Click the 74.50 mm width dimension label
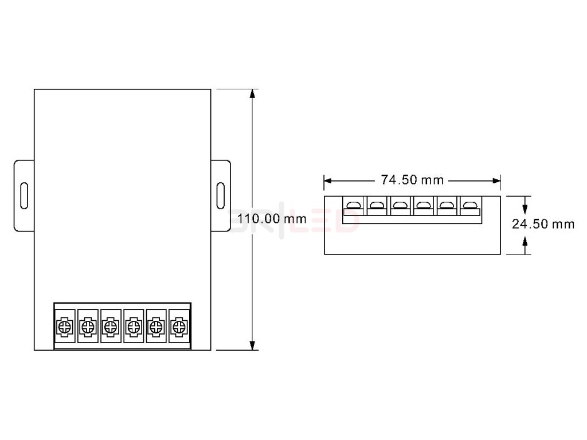[x=413, y=180]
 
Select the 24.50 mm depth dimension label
[x=543, y=224]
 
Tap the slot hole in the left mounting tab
[x=24, y=195]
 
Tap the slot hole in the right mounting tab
[x=221, y=195]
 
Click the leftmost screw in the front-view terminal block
[x=64, y=327]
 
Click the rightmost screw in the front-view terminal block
[x=179, y=327]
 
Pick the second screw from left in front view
[x=87, y=327]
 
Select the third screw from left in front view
[x=110, y=327]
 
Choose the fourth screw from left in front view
[x=133, y=327]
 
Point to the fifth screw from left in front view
[x=156, y=327]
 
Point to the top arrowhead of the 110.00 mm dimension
[x=252, y=94]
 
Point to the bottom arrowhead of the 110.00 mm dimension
[x=252, y=345]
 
